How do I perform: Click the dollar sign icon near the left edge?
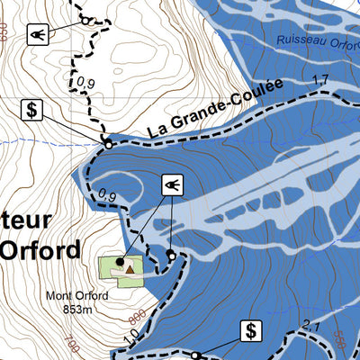33,110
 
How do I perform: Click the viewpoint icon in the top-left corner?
37,34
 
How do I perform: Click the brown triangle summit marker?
130,267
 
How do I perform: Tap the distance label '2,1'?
311,325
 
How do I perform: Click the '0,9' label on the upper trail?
86,84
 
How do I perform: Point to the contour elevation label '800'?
138,317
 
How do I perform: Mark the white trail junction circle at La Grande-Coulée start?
107,143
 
